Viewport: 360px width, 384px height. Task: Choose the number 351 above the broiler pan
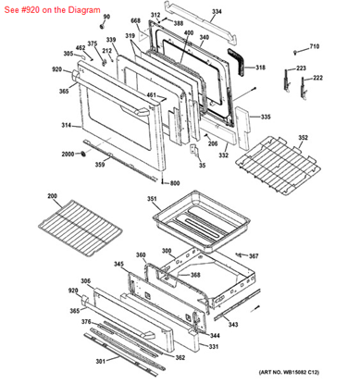click(152, 199)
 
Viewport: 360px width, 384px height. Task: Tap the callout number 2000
click(68, 154)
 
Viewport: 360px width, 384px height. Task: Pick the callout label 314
click(66, 124)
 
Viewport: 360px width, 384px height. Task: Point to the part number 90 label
click(105, 17)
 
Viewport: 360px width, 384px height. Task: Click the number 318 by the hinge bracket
click(260, 68)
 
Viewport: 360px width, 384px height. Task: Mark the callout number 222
click(317, 78)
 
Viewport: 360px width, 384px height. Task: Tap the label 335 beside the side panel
click(266, 118)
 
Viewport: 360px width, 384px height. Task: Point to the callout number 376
click(85, 321)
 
